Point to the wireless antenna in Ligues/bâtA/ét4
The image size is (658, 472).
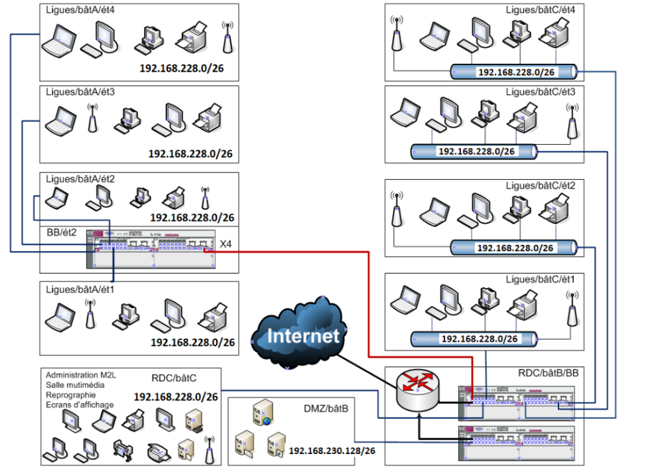[228, 37]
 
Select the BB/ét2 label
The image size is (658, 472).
[62, 233]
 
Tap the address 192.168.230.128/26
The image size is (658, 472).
[332, 451]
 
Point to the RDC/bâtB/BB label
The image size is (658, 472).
[549, 374]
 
